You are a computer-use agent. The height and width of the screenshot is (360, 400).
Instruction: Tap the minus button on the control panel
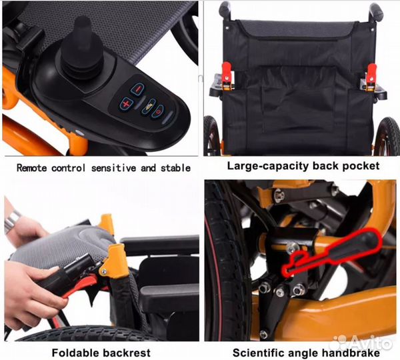137,89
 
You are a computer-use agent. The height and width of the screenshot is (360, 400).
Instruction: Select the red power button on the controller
157,111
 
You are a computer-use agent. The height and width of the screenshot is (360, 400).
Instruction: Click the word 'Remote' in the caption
32,168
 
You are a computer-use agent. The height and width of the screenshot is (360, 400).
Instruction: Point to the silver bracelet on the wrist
12,220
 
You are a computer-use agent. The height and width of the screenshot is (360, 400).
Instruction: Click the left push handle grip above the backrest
225,9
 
